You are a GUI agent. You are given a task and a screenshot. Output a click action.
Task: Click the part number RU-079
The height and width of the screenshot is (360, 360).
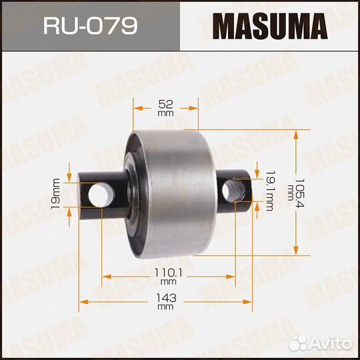(x=89, y=27)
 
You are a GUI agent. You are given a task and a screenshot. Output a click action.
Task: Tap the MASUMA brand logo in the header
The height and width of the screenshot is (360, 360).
(x=270, y=27)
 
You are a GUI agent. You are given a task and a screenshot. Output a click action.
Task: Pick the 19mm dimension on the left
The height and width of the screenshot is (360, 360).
(x=56, y=193)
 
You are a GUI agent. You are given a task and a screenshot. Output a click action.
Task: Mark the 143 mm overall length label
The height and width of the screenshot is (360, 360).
(x=166, y=301)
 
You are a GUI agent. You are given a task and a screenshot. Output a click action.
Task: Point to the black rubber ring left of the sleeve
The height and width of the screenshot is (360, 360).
(x=135, y=193)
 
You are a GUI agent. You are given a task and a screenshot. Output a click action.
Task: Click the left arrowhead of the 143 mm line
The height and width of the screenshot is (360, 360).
(x=82, y=297)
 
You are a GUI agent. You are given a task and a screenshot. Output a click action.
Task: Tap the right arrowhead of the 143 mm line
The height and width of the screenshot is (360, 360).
(x=251, y=297)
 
